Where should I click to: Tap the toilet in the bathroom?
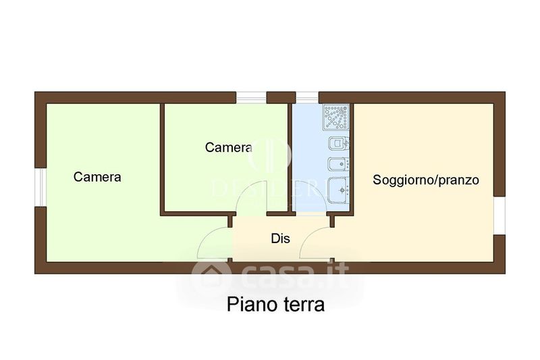(x=335, y=144)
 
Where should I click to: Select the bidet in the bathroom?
(x=335, y=165)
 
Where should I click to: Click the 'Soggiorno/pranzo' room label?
(x=426, y=180)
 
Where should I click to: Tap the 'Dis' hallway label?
(x=280, y=238)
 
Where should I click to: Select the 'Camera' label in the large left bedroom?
(x=97, y=177)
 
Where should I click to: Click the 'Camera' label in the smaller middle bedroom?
(x=229, y=147)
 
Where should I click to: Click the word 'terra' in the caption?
(x=301, y=305)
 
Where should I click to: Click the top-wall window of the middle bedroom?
(x=251, y=97)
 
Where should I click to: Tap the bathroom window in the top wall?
(x=306, y=97)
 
